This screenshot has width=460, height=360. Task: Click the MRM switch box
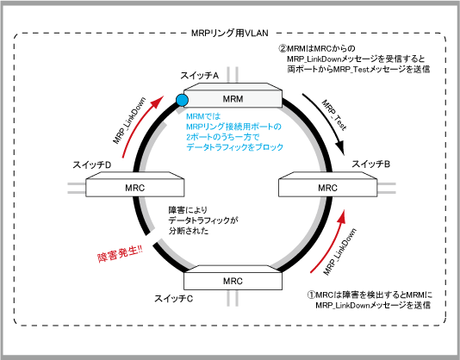pyautogui.click(x=233, y=96)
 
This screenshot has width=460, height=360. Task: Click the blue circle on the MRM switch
pyautogui.click(x=182, y=101)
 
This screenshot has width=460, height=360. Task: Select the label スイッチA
pyautogui.click(x=200, y=76)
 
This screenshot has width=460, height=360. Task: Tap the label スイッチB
pyautogui.click(x=370, y=164)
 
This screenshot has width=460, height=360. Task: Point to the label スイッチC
pyautogui.click(x=174, y=299)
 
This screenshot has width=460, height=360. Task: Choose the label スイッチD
pyautogui.click(x=92, y=164)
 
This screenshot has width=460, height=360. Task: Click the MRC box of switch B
pyautogui.click(x=327, y=184)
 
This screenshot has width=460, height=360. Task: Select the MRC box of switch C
pyautogui.click(x=233, y=277)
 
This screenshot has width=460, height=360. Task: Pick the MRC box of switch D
pyautogui.click(x=135, y=184)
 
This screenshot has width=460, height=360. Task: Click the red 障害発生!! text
pyautogui.click(x=120, y=254)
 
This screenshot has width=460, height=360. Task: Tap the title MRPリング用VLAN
pyautogui.click(x=230, y=33)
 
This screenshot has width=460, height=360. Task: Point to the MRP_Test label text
pyautogui.click(x=334, y=115)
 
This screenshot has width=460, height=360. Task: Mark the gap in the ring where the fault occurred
pyautogui.click(x=152, y=238)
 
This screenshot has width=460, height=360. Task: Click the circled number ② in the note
pyautogui.click(x=283, y=48)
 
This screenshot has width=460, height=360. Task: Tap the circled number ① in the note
pyautogui.click(x=311, y=295)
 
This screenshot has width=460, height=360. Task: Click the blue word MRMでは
pyautogui.click(x=203, y=116)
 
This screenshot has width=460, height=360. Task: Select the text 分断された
pyautogui.click(x=189, y=231)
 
